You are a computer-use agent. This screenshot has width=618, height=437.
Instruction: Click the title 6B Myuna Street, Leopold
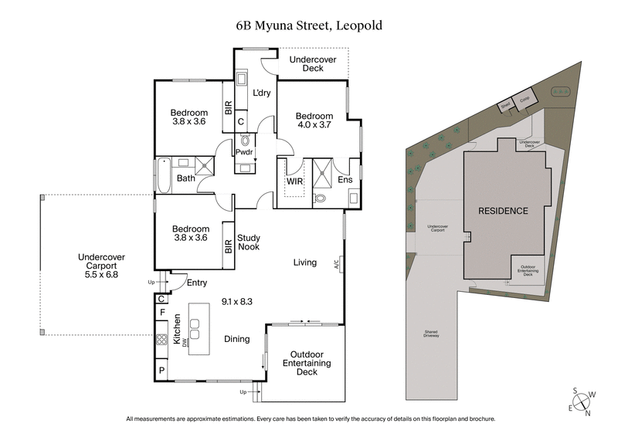pos(309,25)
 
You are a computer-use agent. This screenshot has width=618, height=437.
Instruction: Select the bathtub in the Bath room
pos(164,176)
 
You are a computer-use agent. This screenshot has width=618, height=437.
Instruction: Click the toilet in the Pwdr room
pos(246,141)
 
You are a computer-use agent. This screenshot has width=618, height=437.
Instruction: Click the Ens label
pos(345,181)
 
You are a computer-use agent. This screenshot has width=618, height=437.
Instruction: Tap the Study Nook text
pos(249,242)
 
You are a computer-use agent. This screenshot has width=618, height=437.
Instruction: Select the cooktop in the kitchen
pos(162,339)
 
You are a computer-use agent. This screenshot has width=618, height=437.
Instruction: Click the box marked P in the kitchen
pos(162,371)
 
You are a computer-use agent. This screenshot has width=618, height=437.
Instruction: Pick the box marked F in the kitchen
pos(162,313)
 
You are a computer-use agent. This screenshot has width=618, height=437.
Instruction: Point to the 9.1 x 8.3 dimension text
pos(236,301)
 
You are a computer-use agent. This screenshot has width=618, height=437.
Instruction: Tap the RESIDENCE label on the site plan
pos(502,211)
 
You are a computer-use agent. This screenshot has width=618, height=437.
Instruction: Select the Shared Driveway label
pos(431,334)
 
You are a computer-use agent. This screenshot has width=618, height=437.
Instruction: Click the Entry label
pos(196,283)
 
